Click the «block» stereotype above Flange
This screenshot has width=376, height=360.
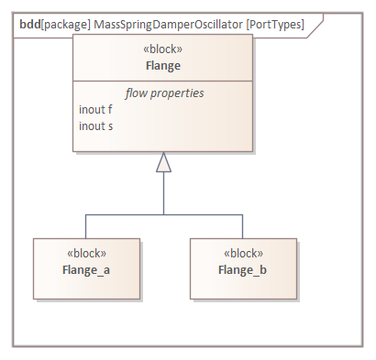click(x=163, y=51)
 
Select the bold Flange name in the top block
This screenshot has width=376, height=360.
click(x=163, y=66)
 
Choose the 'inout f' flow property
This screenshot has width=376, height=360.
click(x=96, y=109)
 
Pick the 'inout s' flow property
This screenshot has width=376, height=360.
click(x=96, y=125)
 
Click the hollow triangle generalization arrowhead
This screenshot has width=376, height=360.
click(x=163, y=163)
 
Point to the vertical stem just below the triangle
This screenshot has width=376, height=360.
click(x=163, y=192)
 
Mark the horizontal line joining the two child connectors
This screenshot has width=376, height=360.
click(x=163, y=214)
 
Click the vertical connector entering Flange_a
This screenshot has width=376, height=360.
click(x=85, y=226)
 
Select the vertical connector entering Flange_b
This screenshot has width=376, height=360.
click(x=243, y=226)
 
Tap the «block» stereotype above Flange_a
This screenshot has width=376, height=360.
click(x=87, y=254)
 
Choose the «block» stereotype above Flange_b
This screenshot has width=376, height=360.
click(x=243, y=254)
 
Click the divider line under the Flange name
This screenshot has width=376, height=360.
click(x=163, y=82)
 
